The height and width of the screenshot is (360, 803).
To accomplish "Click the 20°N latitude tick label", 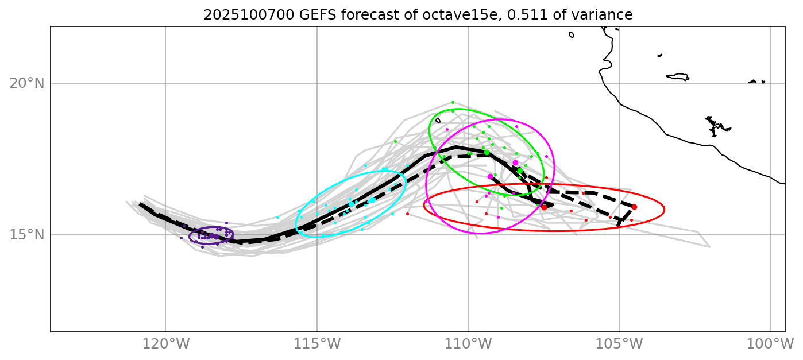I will click(26, 84).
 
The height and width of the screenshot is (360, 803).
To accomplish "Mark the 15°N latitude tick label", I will click(26, 235).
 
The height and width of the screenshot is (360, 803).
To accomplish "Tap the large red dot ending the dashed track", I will click(634, 207).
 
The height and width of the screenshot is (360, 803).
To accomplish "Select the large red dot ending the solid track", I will click(544, 207).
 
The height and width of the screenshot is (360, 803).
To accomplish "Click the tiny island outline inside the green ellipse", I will click(438, 121).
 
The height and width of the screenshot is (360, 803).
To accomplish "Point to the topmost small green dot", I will click(453, 102).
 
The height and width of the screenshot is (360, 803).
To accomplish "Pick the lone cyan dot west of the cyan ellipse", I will click(277, 218).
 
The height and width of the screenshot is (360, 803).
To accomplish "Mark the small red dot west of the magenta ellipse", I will click(407, 214).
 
